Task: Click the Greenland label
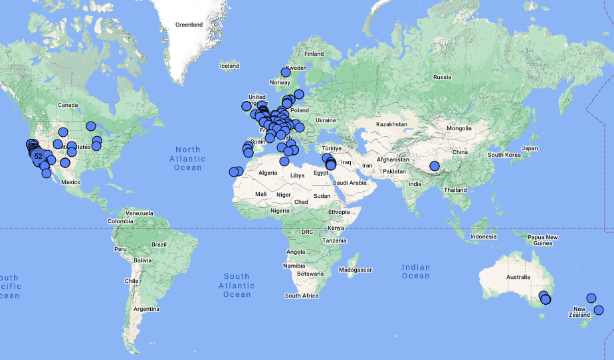click(x=189, y=25)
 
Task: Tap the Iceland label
click(x=229, y=66)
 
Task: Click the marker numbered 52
click(x=38, y=156)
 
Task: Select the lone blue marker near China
click(x=435, y=166)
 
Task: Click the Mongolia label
click(x=458, y=128)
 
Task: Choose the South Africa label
click(x=302, y=296)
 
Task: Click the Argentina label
click(x=146, y=309)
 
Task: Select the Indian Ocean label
click(x=416, y=272)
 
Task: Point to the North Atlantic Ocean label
click(x=188, y=159)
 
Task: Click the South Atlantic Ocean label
click(x=237, y=285)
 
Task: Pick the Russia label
click(x=442, y=77)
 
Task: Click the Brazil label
click(x=159, y=244)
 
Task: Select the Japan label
click(x=530, y=148)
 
